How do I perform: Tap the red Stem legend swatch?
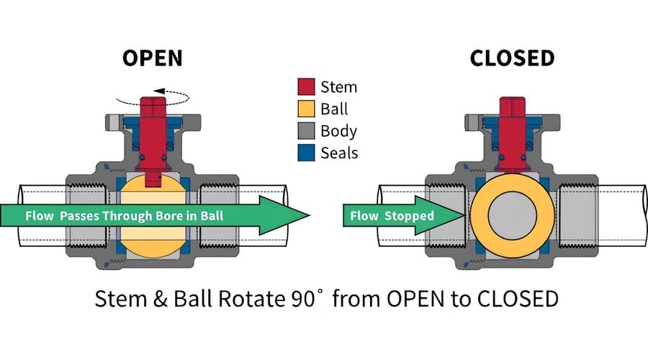[x=307, y=87]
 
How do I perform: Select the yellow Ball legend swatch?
[x=307, y=109]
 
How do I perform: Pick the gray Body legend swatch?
[x=307, y=130]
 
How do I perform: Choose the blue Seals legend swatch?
[x=307, y=152]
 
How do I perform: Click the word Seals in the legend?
[x=340, y=153]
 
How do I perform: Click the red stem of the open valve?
[x=153, y=133]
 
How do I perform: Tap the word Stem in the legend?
[x=338, y=88]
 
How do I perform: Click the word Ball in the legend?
[x=334, y=109]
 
